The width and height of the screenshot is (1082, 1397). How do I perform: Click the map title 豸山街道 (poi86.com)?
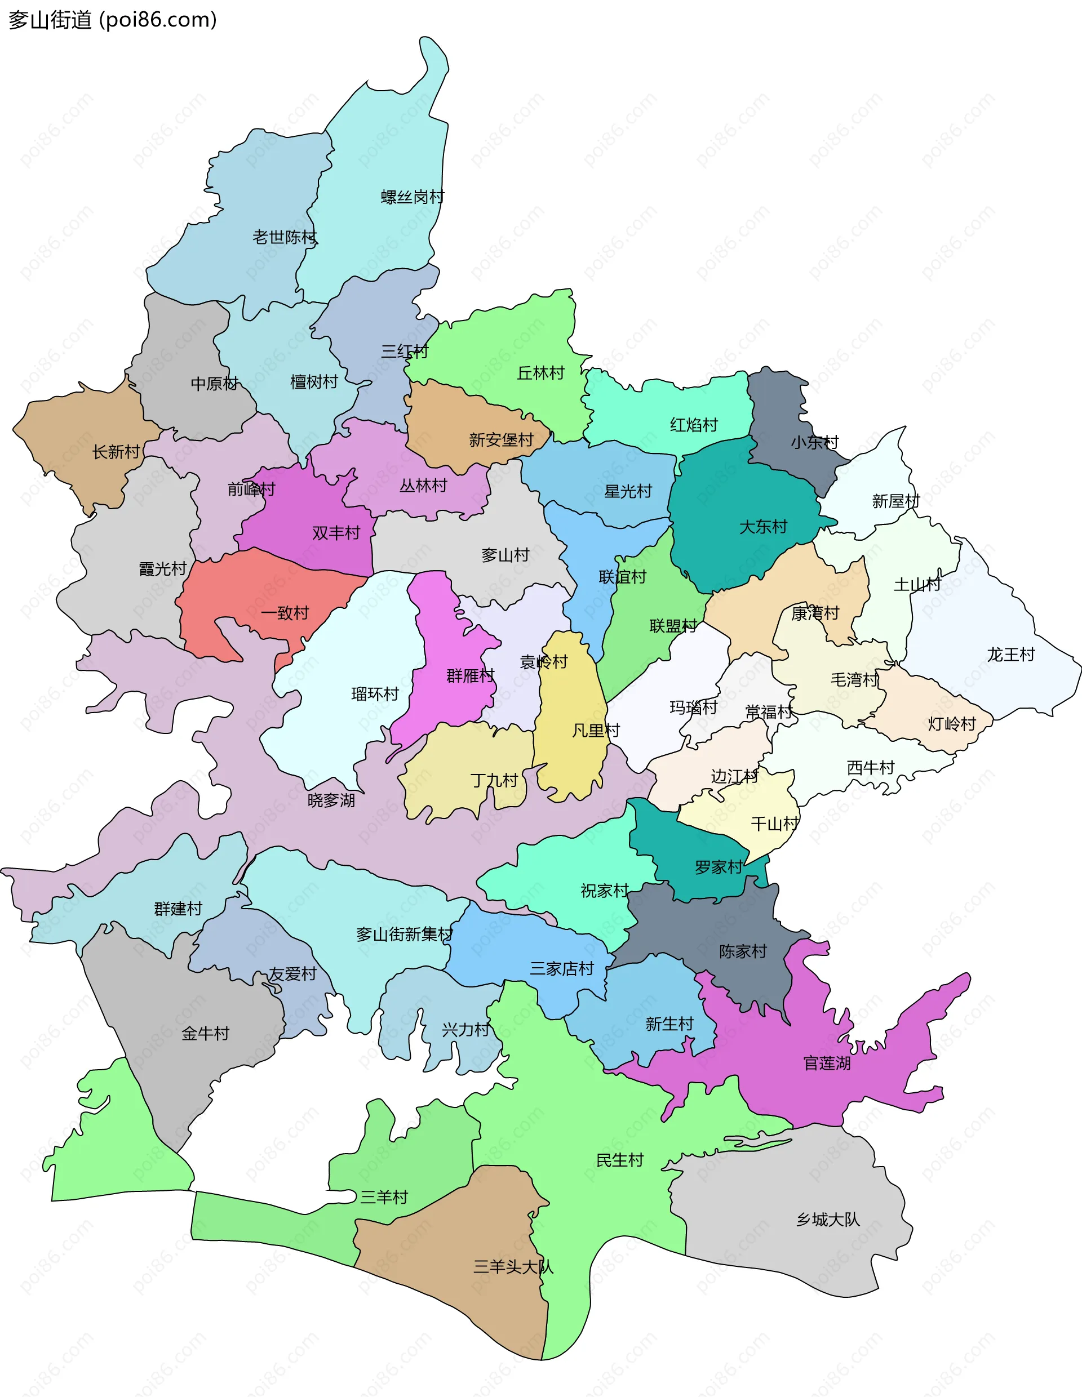113,20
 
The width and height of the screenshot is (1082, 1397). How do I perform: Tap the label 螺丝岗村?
412,197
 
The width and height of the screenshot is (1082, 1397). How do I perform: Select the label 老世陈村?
284,237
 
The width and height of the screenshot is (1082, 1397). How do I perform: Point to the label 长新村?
116,452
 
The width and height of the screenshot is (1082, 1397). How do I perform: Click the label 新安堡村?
501,440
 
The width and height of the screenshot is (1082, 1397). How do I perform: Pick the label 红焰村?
694,425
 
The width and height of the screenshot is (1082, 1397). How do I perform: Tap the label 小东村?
814,442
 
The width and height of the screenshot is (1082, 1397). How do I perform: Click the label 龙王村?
1010,655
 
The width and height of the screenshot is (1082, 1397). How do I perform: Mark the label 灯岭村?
951,723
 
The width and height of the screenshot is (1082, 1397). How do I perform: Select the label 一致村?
285,613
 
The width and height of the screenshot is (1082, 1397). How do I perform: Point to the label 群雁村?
471,675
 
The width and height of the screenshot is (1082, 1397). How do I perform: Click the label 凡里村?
596,730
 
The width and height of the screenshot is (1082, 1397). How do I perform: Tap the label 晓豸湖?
331,800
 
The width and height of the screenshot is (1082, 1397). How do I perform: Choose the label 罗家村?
719,867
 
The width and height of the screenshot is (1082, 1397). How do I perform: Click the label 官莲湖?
827,1063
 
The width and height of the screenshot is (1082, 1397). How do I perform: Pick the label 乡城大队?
828,1219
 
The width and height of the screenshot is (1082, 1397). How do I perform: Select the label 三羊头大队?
513,1266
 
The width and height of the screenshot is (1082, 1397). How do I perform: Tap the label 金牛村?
205,1033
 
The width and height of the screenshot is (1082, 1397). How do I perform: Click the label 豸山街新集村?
405,935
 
